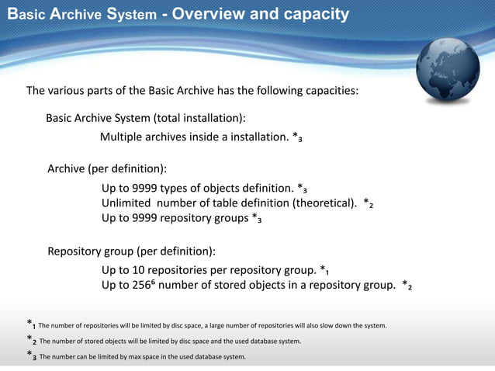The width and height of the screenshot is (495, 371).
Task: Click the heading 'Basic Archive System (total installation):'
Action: pos(146,118)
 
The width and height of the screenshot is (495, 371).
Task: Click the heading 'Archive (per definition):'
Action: pos(107,168)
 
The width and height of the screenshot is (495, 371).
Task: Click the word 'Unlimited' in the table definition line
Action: pos(127,203)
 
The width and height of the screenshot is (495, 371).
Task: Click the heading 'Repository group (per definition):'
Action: pos(131,251)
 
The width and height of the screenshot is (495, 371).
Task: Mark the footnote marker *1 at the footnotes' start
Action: pos(31,324)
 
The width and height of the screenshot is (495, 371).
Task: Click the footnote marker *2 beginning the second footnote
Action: pos(31,340)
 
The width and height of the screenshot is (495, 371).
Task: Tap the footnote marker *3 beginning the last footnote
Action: pos(31,356)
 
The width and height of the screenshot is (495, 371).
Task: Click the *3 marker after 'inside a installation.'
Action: pos(297,138)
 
